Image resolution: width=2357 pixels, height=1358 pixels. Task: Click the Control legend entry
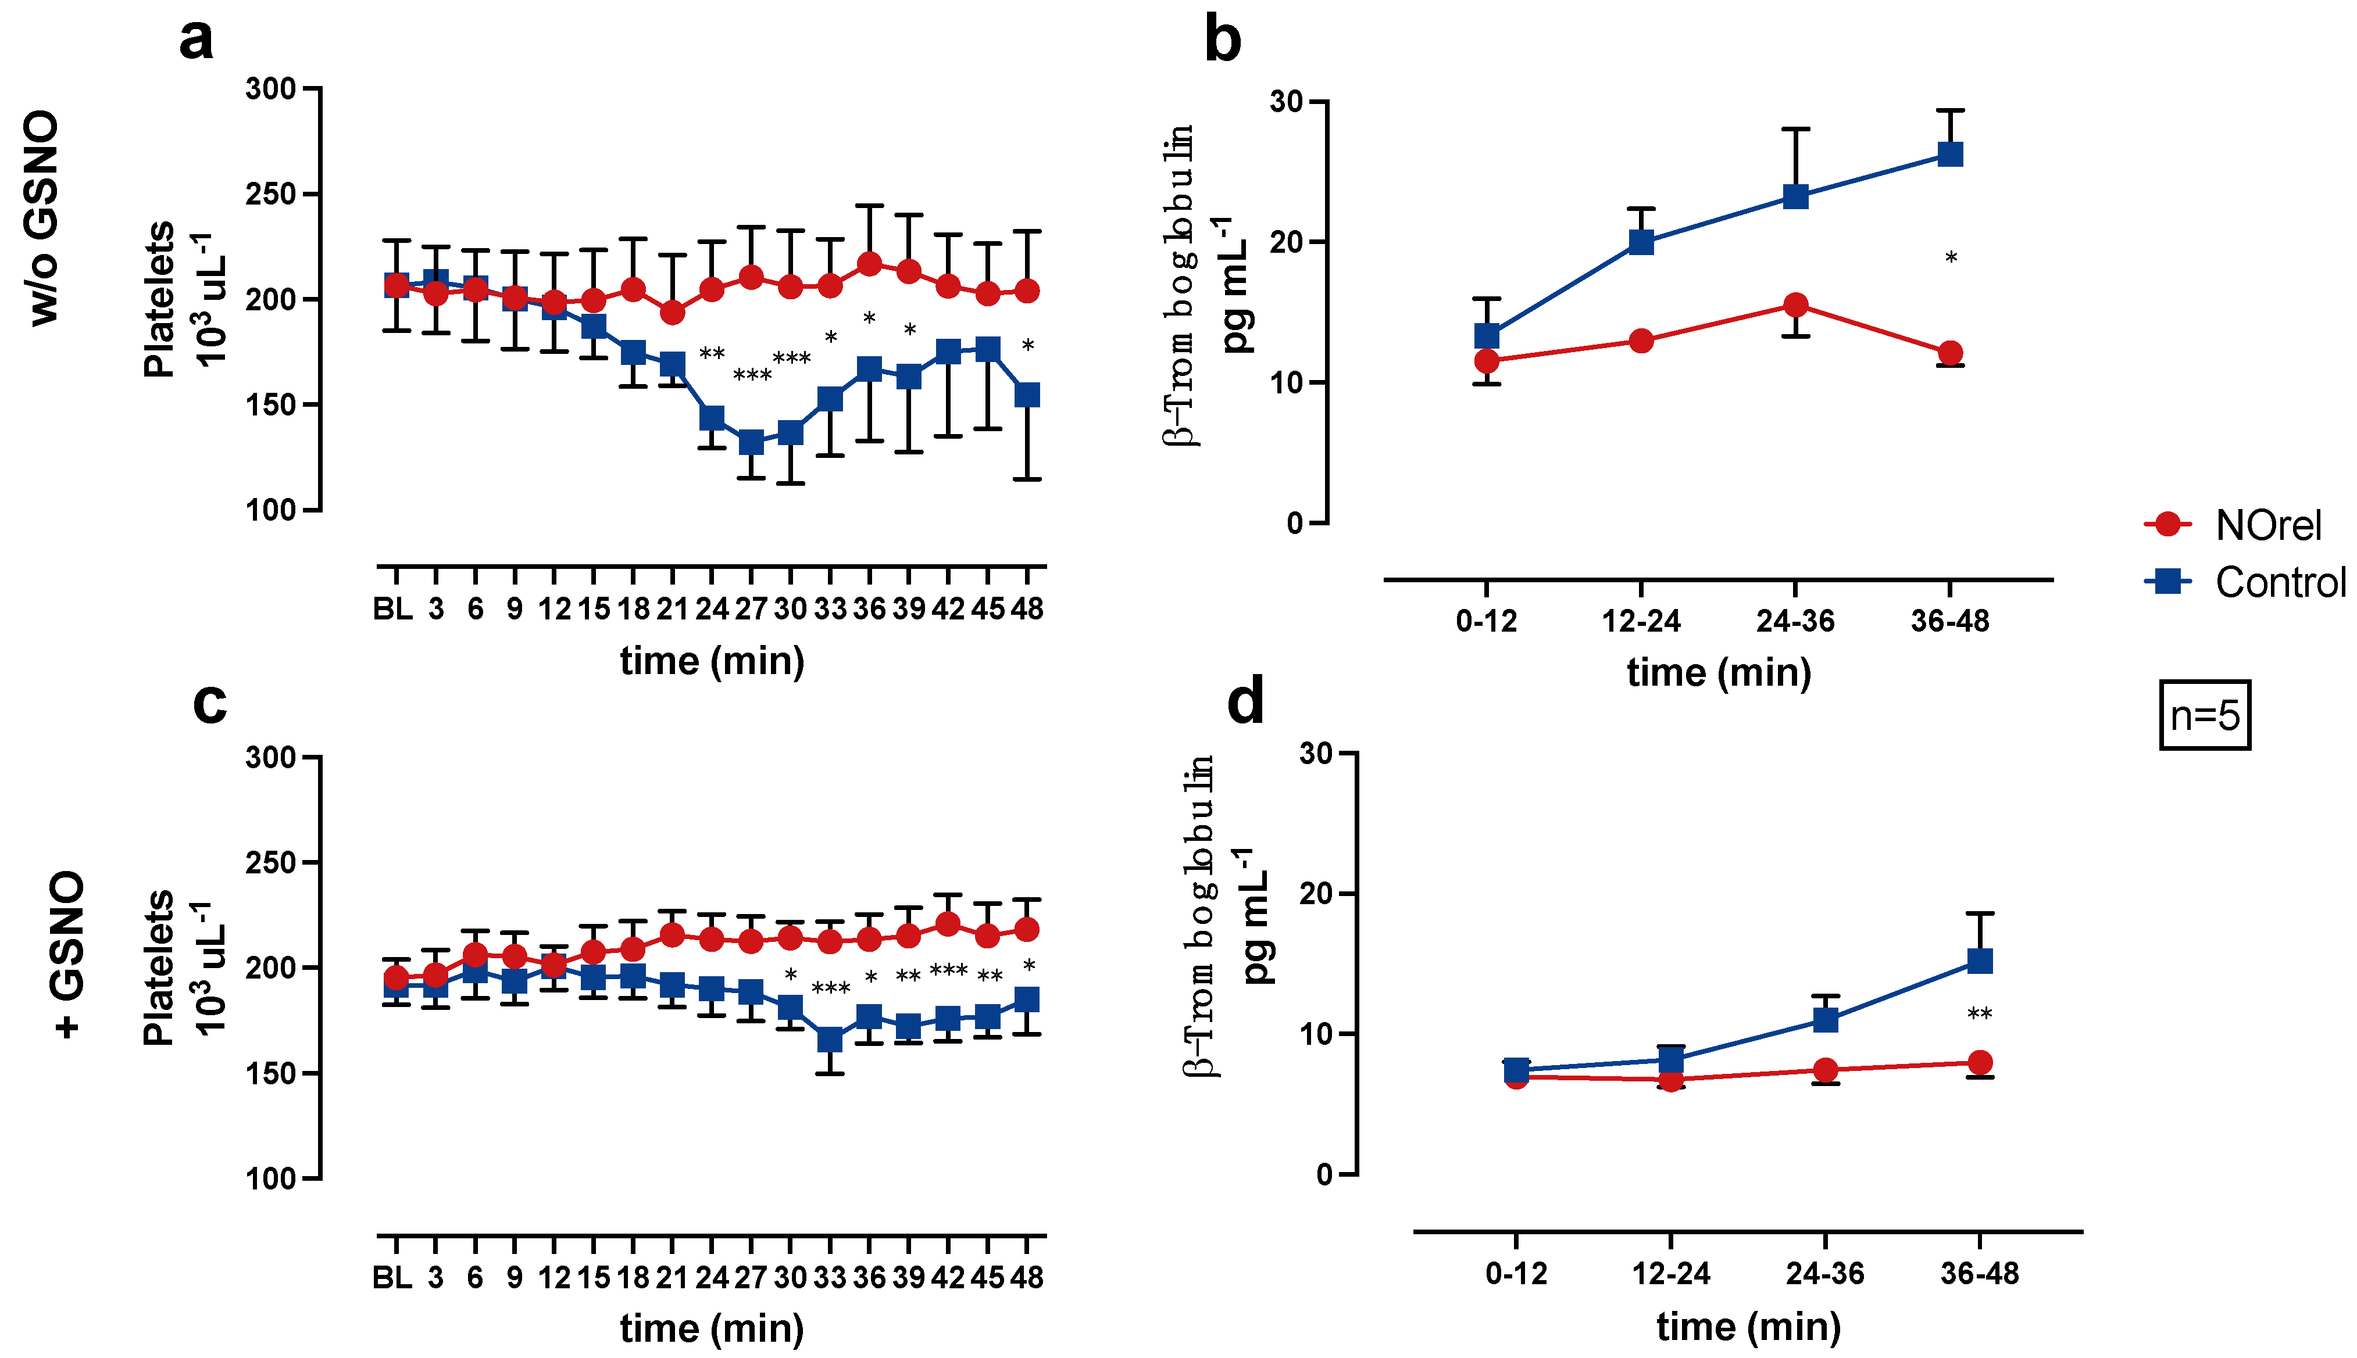click(x=2244, y=583)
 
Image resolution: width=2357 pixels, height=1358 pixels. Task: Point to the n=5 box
click(x=2204, y=715)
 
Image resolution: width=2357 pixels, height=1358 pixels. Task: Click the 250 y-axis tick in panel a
click(x=270, y=195)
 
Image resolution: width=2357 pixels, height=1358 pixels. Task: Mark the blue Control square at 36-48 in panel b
click(x=1950, y=154)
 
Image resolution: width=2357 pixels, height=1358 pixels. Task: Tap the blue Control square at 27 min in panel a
click(x=751, y=442)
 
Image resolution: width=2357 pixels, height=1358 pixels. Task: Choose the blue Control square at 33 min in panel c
click(x=830, y=1039)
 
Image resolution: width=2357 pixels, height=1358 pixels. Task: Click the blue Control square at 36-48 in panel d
click(x=1979, y=961)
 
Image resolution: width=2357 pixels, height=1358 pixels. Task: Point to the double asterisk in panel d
click(x=1979, y=1015)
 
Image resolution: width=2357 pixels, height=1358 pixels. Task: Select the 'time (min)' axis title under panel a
click(x=712, y=661)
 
